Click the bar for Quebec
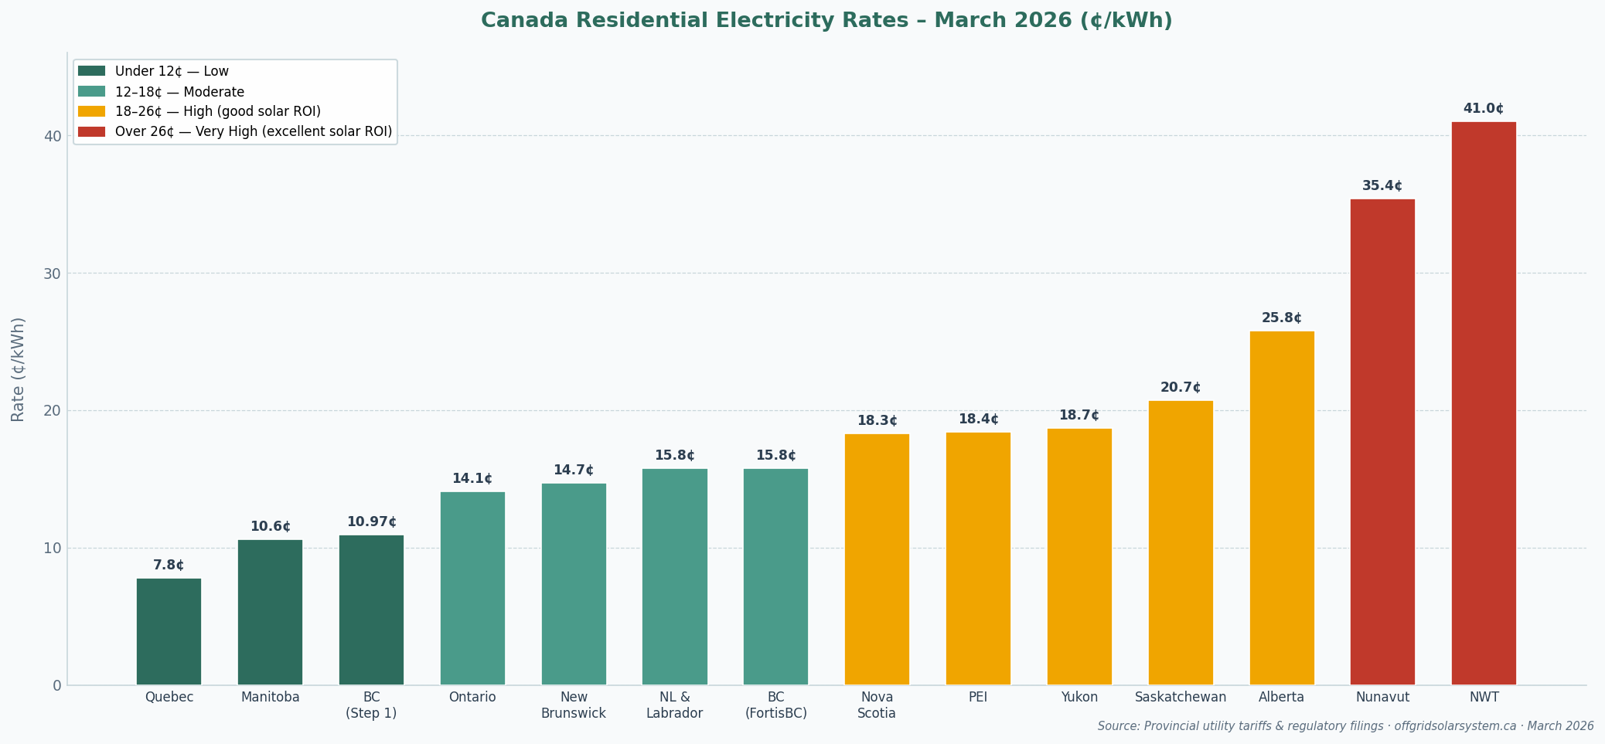coord(169,631)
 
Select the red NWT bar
coord(1483,403)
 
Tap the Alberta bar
coord(1281,508)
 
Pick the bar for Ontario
coord(472,588)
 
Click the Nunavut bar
coord(1382,441)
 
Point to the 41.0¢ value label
coord(1483,109)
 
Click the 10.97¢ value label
coord(371,522)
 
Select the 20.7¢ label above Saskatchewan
coord(1180,388)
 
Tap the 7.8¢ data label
coord(169,566)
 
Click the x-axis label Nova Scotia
coord(876,705)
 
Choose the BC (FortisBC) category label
coord(775,705)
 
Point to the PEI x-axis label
coord(977,697)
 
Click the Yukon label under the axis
coord(1079,697)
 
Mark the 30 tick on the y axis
coord(52,273)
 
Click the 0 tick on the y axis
coord(56,685)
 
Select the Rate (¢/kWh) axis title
coord(18,369)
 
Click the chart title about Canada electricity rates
coord(826,21)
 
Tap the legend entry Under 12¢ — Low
coord(172,71)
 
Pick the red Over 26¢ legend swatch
coord(91,131)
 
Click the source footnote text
coord(1345,726)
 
